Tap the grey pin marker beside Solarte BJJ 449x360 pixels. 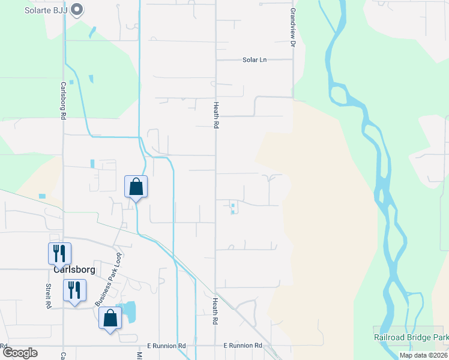pyautogui.click(x=76, y=9)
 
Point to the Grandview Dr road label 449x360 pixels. pyautogui.click(x=294, y=28)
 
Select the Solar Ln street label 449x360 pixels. pyautogui.click(x=254, y=60)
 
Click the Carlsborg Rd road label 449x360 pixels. pyautogui.click(x=63, y=100)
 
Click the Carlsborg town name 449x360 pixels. pyautogui.click(x=74, y=269)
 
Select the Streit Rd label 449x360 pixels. pyautogui.click(x=48, y=296)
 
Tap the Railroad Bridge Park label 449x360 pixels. pyautogui.click(x=411, y=338)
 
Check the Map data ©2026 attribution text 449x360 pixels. pyautogui.click(x=423, y=355)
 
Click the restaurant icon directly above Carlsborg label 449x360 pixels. pyautogui.click(x=59, y=253)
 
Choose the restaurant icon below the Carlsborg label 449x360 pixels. pyautogui.click(x=74, y=292)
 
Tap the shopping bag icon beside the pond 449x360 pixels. pyautogui.click(x=110, y=319)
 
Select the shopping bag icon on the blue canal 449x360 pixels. pyautogui.click(x=136, y=187)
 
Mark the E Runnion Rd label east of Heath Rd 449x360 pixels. pyautogui.click(x=243, y=346)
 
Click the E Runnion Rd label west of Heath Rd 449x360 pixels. pyautogui.click(x=167, y=346)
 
